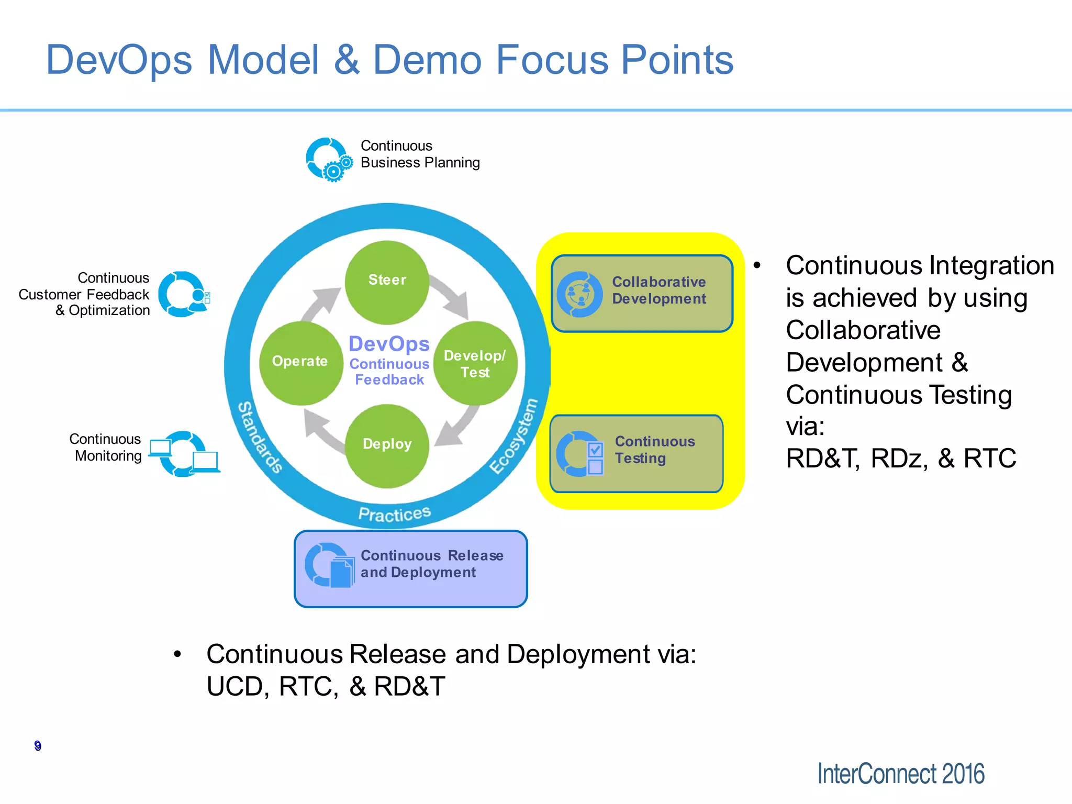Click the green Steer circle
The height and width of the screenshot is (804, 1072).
[387, 282]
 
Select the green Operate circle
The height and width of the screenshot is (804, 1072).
[301, 363]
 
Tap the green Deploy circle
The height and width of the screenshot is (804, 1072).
[387, 445]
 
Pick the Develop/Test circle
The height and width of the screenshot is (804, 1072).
[475, 363]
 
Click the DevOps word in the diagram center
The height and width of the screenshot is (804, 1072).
[389, 344]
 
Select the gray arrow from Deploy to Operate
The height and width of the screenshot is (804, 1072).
[322, 429]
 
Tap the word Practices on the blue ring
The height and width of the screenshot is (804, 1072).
[394, 513]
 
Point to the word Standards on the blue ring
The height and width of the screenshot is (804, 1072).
[260, 437]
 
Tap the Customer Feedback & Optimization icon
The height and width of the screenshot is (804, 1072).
[184, 294]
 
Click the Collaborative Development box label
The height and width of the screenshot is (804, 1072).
[658, 291]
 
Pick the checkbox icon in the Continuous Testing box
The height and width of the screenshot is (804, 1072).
[595, 457]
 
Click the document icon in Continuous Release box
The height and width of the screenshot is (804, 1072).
[341, 573]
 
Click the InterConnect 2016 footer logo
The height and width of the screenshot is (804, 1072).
[900, 774]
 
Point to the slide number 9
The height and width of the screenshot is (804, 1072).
[38, 745]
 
